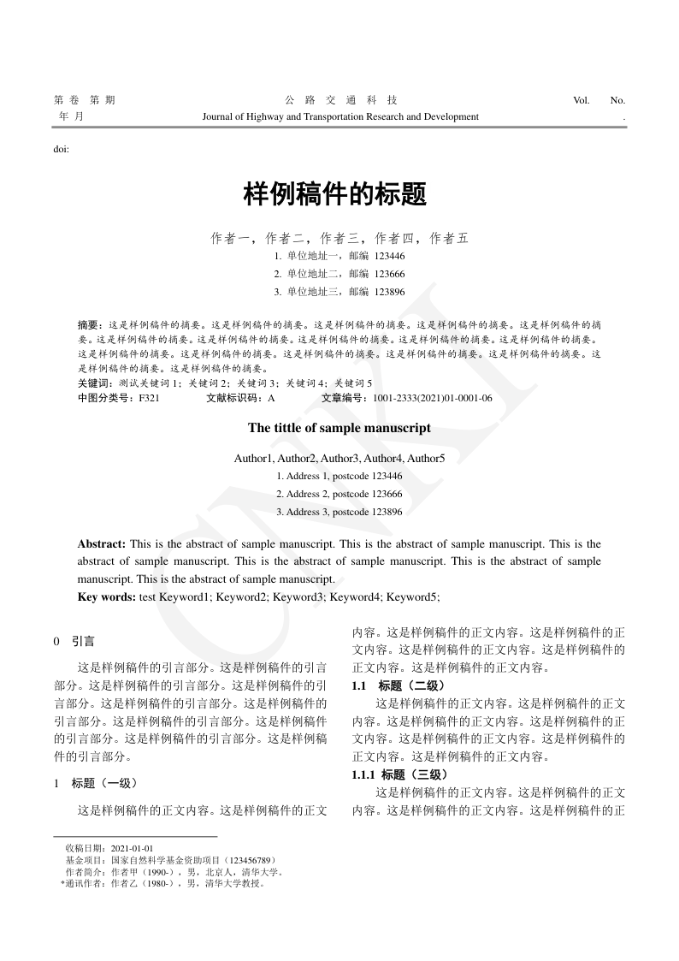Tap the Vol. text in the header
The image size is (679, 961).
click(582, 100)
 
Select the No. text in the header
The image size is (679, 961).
click(617, 100)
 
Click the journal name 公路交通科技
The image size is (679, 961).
click(339, 100)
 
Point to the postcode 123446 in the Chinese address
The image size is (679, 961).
click(390, 255)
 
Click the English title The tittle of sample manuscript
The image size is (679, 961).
click(339, 428)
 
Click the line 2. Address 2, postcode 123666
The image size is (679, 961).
click(339, 494)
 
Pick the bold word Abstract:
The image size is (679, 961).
click(102, 544)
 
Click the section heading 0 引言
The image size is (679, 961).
click(74, 640)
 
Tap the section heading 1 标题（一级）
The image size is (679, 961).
click(95, 782)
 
